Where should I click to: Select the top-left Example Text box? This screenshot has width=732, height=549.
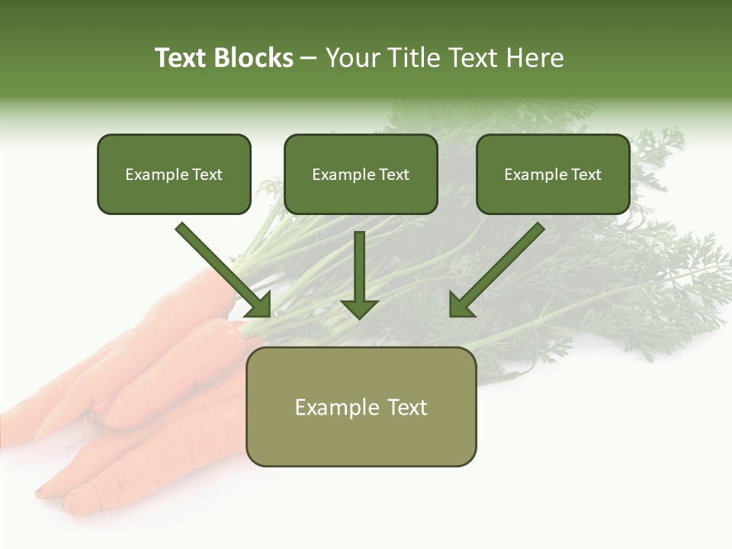174,174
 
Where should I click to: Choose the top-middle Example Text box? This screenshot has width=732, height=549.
361,174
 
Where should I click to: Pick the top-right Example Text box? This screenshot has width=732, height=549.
553,174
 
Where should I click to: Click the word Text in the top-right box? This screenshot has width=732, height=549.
586,174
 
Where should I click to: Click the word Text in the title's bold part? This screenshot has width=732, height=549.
181,58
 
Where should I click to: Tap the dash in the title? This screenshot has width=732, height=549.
309,59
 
